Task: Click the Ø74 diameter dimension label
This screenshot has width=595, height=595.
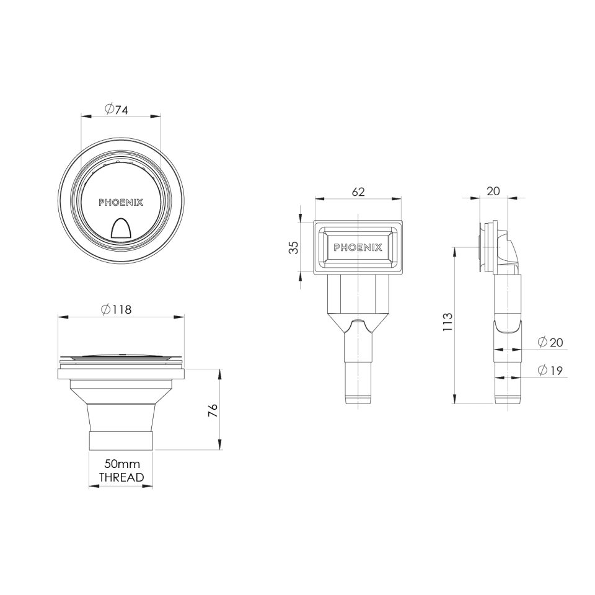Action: click(117, 110)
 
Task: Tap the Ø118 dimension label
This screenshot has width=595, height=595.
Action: click(117, 310)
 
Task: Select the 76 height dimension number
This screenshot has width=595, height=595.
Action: click(213, 410)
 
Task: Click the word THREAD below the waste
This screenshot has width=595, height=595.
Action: click(121, 477)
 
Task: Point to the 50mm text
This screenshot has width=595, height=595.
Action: click(121, 464)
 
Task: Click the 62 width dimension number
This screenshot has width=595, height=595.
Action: click(358, 192)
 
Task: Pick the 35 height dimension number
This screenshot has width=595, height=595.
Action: click(294, 247)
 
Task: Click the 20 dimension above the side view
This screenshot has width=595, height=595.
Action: click(493, 192)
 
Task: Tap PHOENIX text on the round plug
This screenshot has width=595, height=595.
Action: click(121, 202)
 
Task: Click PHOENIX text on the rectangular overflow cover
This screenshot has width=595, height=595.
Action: click(358, 247)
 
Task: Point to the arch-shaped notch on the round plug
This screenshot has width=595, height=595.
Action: click(121, 230)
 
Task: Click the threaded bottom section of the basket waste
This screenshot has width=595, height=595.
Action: click(121, 439)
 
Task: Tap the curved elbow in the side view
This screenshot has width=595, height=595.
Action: click(511, 251)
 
